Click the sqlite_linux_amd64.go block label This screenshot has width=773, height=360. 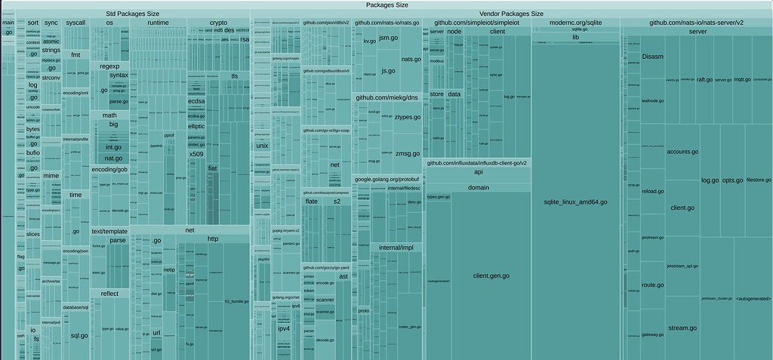575,202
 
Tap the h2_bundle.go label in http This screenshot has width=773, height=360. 237,301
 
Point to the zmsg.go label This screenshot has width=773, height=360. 408,154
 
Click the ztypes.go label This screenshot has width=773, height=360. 408,117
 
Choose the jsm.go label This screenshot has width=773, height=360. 389,38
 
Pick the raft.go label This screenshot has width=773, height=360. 704,79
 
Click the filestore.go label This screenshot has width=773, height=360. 758,180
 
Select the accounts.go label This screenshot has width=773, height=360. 682,152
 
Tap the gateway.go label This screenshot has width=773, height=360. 653,334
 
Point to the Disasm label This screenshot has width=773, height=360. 652,56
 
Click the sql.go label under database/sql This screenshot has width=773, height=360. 79,335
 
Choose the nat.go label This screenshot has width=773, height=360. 113,158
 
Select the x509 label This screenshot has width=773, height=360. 196,154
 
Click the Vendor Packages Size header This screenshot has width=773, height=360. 511,14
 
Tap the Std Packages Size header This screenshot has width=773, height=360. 132,14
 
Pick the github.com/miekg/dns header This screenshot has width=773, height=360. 387,97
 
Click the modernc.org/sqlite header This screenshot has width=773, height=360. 575,23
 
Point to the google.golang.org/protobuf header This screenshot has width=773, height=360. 387,179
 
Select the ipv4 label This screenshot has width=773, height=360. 284,328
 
